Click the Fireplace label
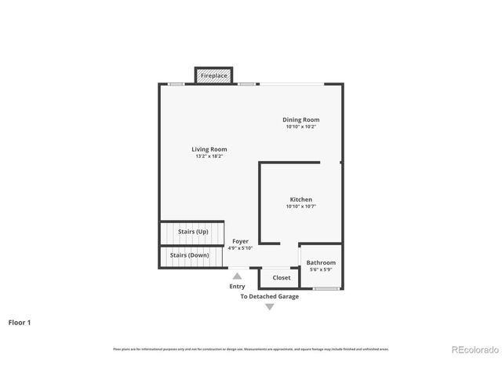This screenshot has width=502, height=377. (213, 75)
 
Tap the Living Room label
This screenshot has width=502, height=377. (209, 149)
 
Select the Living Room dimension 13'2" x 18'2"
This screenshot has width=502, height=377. (209, 156)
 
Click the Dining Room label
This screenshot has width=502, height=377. (301, 119)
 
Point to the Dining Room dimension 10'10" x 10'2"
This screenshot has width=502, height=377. (301, 126)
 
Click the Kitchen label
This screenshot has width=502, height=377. (301, 199)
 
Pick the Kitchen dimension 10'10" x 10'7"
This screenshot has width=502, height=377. (301, 207)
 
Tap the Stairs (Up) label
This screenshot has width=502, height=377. (192, 232)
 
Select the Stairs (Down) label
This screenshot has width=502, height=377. (188, 255)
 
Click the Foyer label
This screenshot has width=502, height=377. (240, 241)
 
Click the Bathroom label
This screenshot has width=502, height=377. (321, 262)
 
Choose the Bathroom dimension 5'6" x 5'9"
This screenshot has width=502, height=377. (321, 269)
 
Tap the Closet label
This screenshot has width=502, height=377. (281, 277)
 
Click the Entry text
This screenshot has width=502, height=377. (237, 287)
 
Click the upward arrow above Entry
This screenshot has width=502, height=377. (237, 276)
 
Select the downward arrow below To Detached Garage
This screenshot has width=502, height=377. (269, 307)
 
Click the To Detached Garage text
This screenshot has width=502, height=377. (269, 297)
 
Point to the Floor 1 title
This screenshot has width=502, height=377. (20, 322)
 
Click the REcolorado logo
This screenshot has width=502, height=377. (472, 350)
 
